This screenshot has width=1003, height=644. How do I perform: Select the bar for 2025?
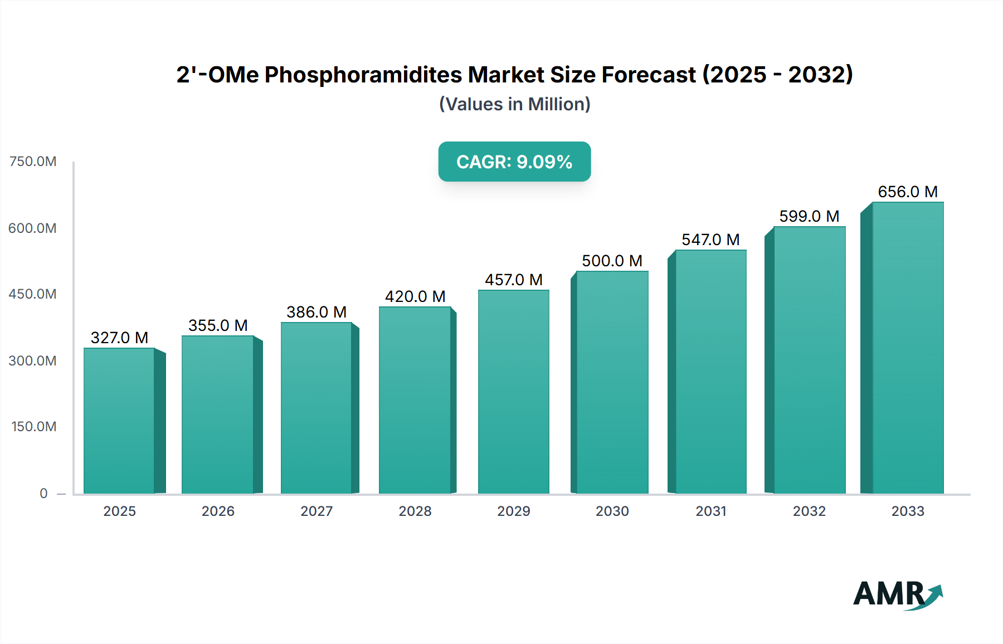pyautogui.click(x=119, y=421)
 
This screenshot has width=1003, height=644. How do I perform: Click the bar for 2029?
pyautogui.click(x=513, y=392)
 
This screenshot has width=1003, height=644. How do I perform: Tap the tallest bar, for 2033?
pyautogui.click(x=907, y=348)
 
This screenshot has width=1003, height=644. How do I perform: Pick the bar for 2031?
pyautogui.click(x=710, y=372)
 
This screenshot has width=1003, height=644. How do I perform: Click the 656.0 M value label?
pyautogui.click(x=907, y=192)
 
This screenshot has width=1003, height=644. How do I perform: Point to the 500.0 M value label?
pyautogui.click(x=612, y=261)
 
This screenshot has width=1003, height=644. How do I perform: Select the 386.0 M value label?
pyautogui.click(x=317, y=312)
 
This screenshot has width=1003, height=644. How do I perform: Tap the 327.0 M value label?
pyautogui.click(x=119, y=338)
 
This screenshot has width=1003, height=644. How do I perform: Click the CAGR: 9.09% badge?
pyautogui.click(x=514, y=162)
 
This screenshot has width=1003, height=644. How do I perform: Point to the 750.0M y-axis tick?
pyautogui.click(x=33, y=162)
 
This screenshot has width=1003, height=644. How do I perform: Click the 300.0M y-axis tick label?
pyautogui.click(x=33, y=361)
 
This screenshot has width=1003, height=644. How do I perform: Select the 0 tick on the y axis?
pyautogui.click(x=43, y=494)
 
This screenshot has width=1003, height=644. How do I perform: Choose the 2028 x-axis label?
pyautogui.click(x=415, y=511)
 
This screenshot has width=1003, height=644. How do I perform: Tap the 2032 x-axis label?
pyautogui.click(x=809, y=511)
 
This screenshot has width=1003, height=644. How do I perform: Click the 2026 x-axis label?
pyautogui.click(x=218, y=511)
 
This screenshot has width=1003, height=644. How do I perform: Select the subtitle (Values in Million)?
pyautogui.click(x=514, y=104)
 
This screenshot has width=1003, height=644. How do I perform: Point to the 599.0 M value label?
pyautogui.click(x=809, y=216)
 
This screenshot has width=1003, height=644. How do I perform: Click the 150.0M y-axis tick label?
pyautogui.click(x=34, y=427)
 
